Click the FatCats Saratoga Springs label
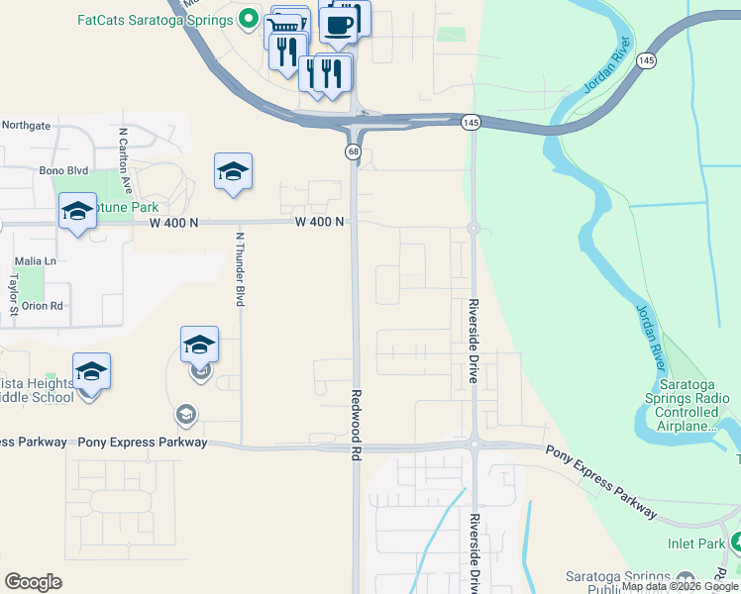coord(155,19)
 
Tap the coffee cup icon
coord(339,24)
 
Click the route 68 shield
coord(353,151)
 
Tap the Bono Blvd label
coord(57,170)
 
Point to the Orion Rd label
coord(43,306)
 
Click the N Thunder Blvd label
coord(240,269)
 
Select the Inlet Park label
coord(696,544)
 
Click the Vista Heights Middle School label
coord(38,390)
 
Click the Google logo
coord(33,581)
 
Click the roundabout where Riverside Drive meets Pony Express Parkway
coord(475,445)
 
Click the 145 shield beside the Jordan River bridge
coord(647,61)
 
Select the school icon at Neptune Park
coord(77,212)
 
